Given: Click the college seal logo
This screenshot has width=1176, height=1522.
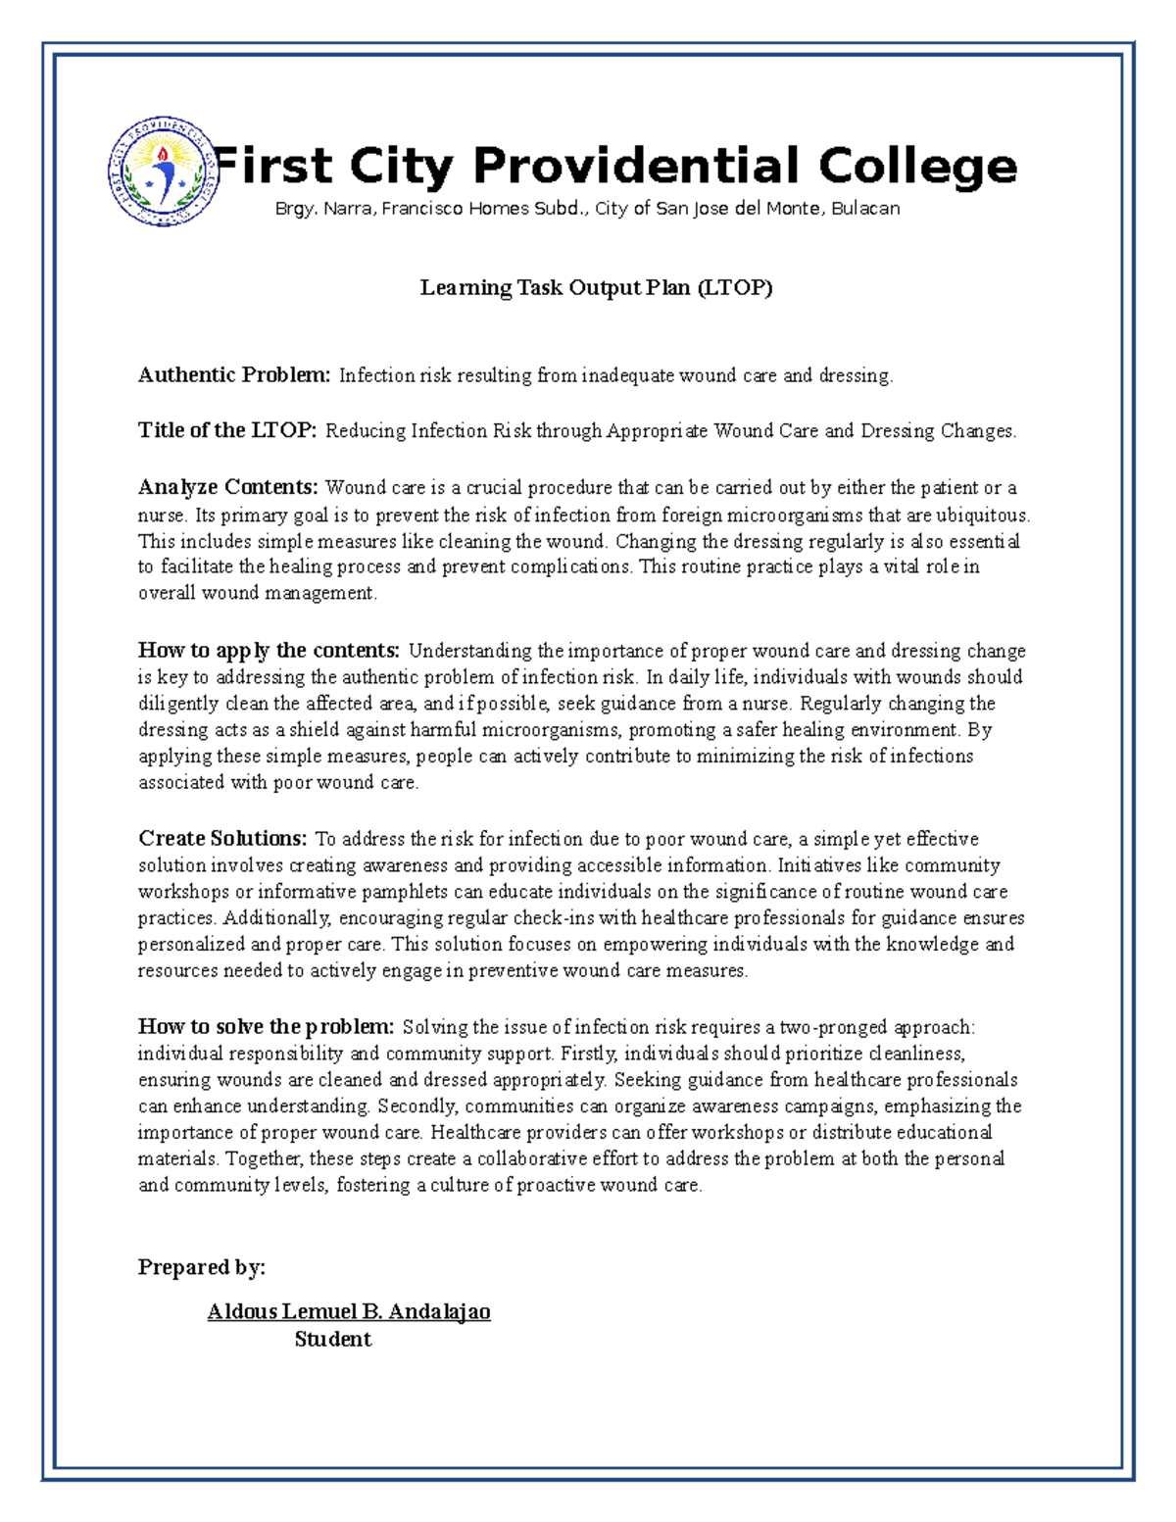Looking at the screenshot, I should tap(161, 172).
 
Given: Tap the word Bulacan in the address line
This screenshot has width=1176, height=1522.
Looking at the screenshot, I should tap(865, 209).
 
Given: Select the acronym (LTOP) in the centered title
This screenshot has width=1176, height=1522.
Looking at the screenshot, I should tap(735, 288).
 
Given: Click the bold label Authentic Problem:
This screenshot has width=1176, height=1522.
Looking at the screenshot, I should tap(235, 375).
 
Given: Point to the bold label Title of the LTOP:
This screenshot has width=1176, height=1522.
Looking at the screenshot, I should tap(227, 430).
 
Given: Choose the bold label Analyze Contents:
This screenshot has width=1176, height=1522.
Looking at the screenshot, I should tap(228, 488).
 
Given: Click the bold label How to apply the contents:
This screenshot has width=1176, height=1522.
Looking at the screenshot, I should tap(269, 651).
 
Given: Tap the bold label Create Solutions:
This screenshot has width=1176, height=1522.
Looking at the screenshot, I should tap(222, 839).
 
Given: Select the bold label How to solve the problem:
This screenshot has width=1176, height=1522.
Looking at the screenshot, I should tap(266, 1027).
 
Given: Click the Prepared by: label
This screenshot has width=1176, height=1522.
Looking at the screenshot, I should tap(202, 1267).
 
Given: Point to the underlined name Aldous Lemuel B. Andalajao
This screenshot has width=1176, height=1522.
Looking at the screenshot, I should tap(349, 1312).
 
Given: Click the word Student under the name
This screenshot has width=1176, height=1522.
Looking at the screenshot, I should tap(332, 1340).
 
